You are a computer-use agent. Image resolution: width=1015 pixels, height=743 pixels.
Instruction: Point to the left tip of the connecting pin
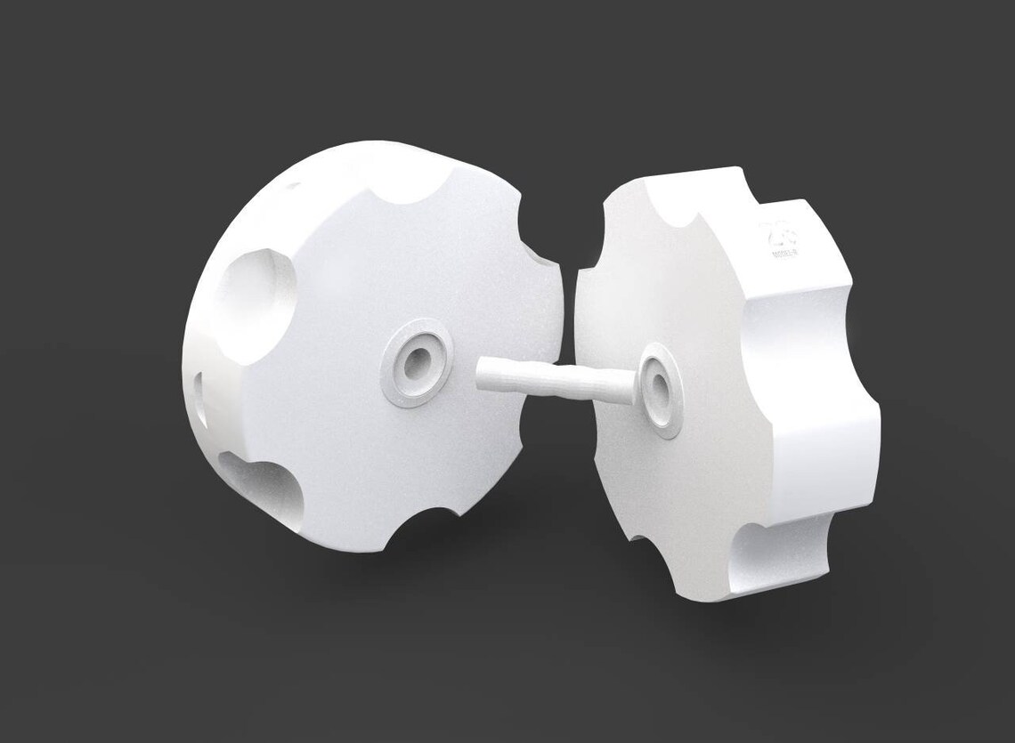coord(482,373)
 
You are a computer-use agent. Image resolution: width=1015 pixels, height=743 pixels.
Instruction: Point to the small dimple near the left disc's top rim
coord(289,188)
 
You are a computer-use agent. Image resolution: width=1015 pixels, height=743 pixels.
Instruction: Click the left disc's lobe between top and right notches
coord(499,205)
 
